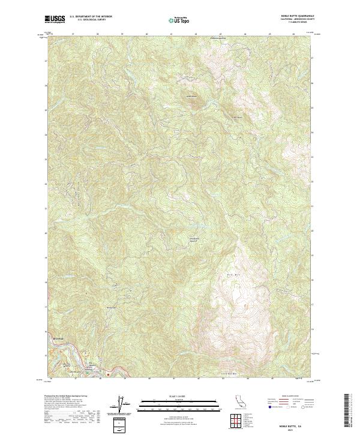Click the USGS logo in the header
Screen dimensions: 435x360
(55, 19)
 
